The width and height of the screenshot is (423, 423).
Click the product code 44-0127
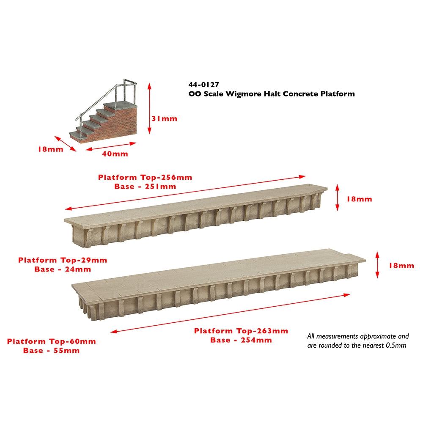coord(204,85)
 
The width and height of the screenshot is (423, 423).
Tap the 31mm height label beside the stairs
coord(164,118)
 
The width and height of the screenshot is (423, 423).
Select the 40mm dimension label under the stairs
coord(115,154)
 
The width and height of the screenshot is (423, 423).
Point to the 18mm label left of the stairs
coord(51,149)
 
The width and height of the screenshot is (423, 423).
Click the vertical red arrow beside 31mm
coord(149,108)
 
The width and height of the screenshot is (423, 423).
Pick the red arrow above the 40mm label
coord(111,146)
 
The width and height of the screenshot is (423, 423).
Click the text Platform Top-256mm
coord(145,177)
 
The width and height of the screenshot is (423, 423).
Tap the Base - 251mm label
coord(145,187)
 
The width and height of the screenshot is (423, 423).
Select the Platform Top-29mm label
coord(63,260)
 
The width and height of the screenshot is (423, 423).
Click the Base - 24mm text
coord(63,269)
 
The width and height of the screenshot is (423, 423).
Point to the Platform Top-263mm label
coord(241,331)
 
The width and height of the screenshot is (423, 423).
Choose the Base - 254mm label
coord(241,340)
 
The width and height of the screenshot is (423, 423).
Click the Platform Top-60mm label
coord(52,341)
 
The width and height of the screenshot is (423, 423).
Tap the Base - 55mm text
coord(52,350)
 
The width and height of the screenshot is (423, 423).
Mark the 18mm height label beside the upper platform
coord(359,199)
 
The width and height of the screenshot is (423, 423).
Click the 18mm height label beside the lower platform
coord(401,266)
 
